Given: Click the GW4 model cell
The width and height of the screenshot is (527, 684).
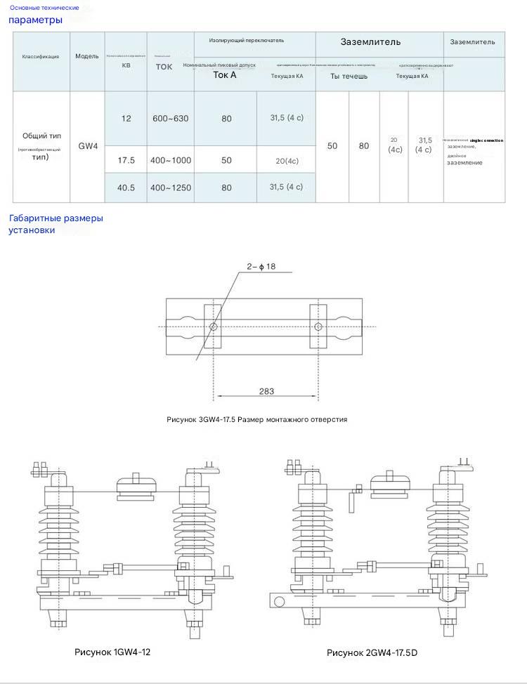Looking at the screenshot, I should (88, 147).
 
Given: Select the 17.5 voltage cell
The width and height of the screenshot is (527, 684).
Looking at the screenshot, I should (126, 160).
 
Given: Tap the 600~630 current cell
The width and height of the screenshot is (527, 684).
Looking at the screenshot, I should (170, 119).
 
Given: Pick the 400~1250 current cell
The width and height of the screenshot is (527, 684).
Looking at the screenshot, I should (170, 188).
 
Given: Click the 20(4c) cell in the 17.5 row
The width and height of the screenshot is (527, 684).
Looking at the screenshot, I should (287, 161).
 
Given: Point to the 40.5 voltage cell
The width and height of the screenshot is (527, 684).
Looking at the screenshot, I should (126, 188).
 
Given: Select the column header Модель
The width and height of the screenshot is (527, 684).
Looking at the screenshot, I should (87, 56).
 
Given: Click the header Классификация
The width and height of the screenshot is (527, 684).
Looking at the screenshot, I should (41, 56).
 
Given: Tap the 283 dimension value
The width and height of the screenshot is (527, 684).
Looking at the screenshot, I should (266, 391).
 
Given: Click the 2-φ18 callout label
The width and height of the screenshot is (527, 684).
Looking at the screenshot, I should (261, 266).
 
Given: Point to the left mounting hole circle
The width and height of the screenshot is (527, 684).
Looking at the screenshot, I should (213, 327).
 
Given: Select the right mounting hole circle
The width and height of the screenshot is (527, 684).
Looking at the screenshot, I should (318, 327).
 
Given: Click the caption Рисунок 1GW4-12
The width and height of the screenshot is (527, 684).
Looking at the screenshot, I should (112, 652).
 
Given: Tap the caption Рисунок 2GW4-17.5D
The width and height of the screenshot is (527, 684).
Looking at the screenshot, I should (372, 653).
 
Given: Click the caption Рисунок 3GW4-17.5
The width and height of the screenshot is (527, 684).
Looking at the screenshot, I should (257, 419).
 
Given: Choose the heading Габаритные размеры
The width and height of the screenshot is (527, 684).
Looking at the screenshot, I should (56, 218).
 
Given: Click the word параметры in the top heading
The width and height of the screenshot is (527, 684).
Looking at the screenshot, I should (35, 20).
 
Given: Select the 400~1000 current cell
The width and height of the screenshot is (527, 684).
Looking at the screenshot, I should (170, 160).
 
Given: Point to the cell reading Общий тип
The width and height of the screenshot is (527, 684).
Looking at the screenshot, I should (41, 136).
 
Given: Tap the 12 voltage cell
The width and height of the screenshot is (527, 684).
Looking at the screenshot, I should (126, 119).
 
